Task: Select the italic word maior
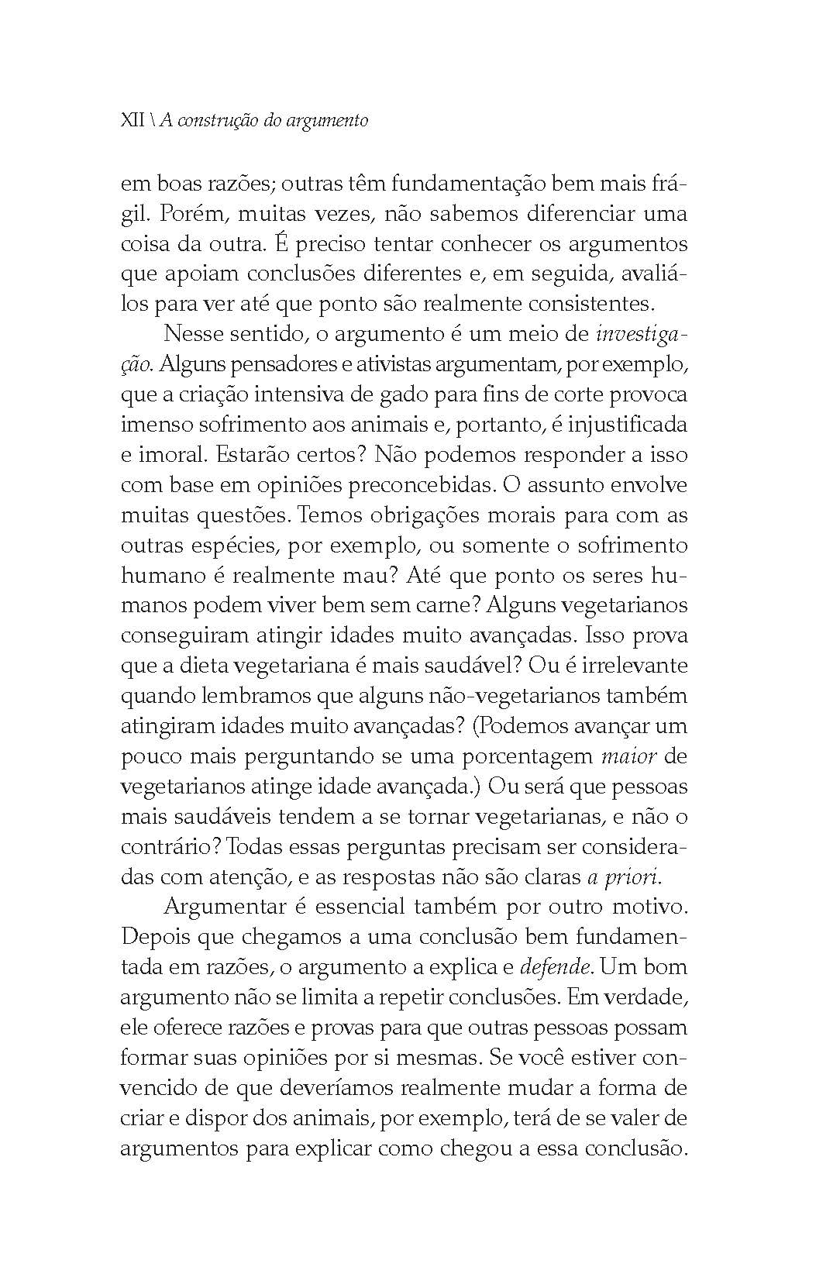624,756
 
